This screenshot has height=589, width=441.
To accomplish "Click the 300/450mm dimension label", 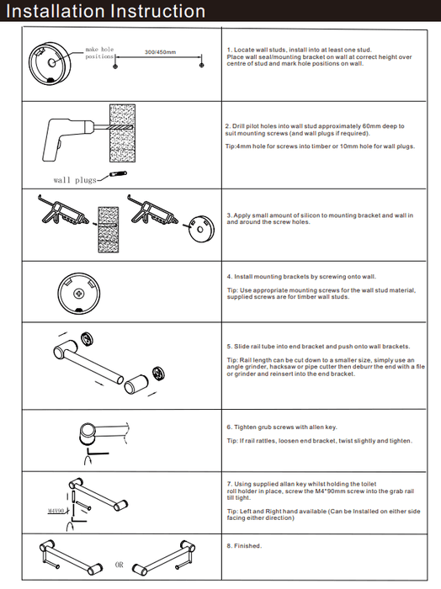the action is pyautogui.click(x=161, y=52).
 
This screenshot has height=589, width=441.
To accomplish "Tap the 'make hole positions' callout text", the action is pyautogui.click(x=99, y=53).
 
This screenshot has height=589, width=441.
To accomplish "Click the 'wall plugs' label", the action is pyautogui.click(x=75, y=180).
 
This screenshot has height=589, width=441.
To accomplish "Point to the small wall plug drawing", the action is pyautogui.click(x=118, y=174).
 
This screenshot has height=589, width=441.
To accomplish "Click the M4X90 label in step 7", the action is pyautogui.click(x=56, y=511).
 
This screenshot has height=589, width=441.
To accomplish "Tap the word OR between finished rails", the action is pyautogui.click(x=119, y=565).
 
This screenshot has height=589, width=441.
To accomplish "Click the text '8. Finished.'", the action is pyautogui.click(x=244, y=546).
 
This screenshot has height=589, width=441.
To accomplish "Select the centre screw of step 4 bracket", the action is pyautogui.click(x=78, y=293).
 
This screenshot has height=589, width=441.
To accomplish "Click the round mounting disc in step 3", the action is pyautogui.click(x=201, y=228).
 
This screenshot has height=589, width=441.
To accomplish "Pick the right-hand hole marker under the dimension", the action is pyautogui.click(x=202, y=66).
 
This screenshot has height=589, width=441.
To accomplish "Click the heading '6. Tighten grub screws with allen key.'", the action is pyautogui.click(x=282, y=427).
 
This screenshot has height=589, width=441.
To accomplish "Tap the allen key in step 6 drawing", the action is pyautogui.click(x=96, y=454).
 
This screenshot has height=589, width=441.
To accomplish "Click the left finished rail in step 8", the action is pyautogui.click(x=71, y=557).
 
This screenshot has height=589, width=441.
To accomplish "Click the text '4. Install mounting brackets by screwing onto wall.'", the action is pyautogui.click(x=301, y=277).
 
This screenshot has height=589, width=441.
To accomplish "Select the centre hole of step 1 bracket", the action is pyautogui.click(x=52, y=63).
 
